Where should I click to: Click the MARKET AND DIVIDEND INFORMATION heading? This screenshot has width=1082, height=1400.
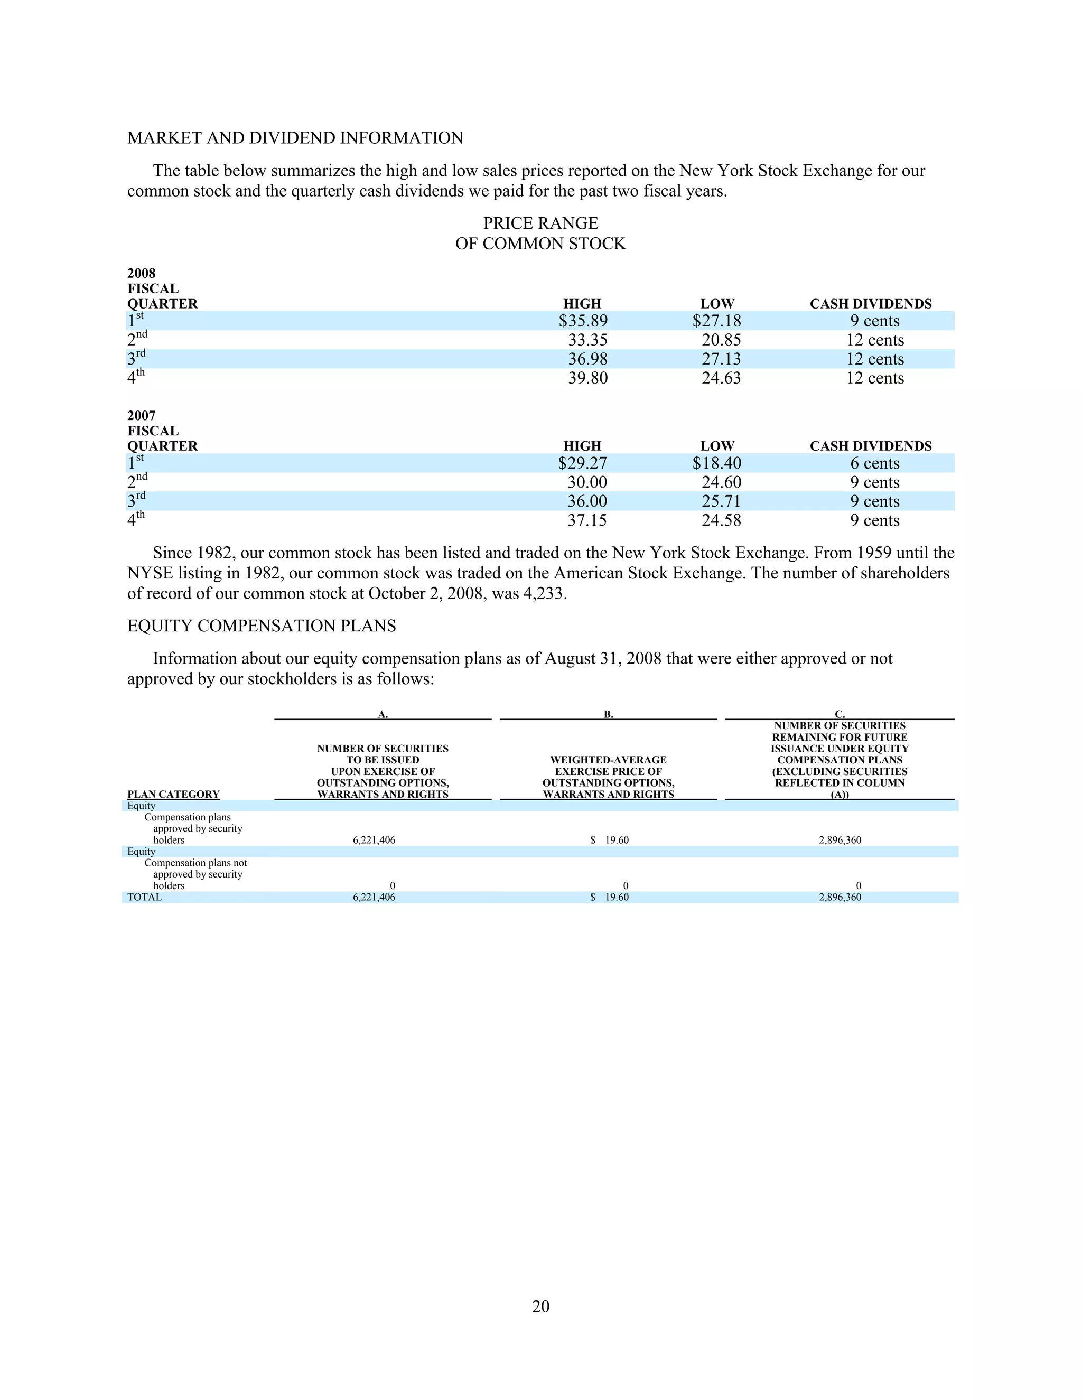coord(295,138)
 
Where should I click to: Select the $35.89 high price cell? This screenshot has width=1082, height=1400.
coord(583,321)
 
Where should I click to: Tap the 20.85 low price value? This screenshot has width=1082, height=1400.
coord(721,340)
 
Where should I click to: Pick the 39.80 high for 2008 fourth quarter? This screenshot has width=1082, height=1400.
coord(588,378)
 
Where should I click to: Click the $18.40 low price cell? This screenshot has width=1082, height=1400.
coord(716,463)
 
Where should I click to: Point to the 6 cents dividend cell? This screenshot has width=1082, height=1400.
coord(874,463)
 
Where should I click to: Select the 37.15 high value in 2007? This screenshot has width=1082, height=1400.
coord(586,520)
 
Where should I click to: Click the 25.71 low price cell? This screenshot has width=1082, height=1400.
coord(721,501)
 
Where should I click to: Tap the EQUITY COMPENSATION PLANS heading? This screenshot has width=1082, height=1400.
coord(262,626)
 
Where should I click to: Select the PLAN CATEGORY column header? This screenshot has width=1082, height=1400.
coord(173,794)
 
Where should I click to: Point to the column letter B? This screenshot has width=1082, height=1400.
coord(608,714)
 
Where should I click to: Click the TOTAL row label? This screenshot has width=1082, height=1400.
coord(144,898)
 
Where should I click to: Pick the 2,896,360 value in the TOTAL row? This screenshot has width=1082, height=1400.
coord(840,898)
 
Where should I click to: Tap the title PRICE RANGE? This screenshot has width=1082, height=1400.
coord(540,223)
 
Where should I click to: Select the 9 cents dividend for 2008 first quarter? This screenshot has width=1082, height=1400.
coord(874,321)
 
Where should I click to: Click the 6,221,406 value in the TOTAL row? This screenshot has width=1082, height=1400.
coord(374,898)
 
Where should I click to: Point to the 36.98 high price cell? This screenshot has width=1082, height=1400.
coord(588,359)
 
